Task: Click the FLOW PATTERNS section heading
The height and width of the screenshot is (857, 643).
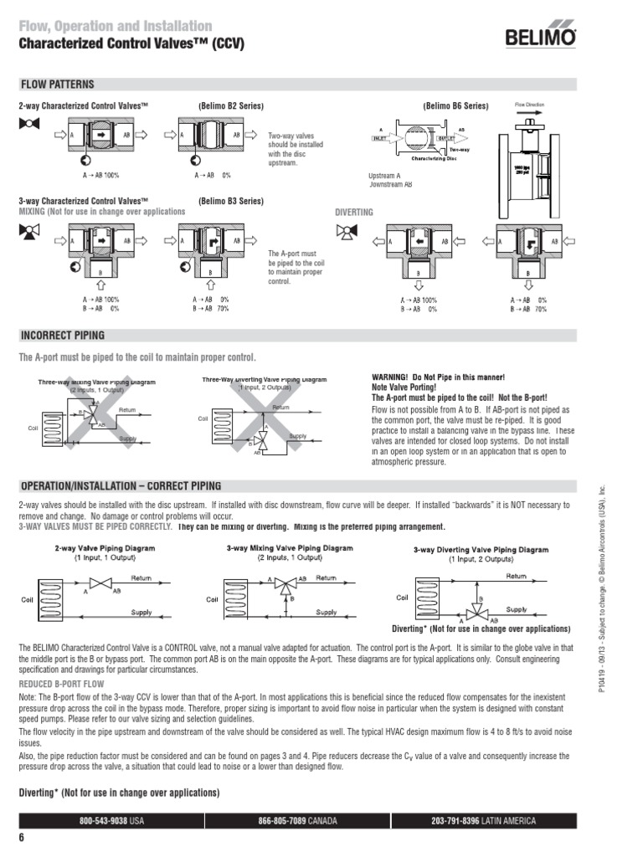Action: tap(57, 85)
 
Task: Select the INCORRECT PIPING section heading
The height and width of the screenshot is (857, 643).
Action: tap(62, 336)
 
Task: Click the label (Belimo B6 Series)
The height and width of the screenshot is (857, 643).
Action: tap(455, 107)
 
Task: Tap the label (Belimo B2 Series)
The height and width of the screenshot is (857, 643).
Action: tap(231, 107)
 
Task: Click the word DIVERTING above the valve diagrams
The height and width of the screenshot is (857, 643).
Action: tap(354, 213)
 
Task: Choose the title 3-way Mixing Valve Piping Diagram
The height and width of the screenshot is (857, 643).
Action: tap(290, 548)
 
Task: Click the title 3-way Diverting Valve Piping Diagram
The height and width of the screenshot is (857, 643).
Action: tap(481, 550)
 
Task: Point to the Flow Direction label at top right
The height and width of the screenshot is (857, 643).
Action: tap(529, 106)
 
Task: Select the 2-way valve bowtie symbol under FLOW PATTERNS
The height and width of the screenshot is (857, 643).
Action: tap(28, 123)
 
